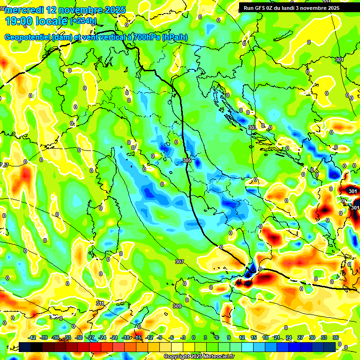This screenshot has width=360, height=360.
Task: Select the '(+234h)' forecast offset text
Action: point(83,21)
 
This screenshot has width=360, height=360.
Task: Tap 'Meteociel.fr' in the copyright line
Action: point(216,357)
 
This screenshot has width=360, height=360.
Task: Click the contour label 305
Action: point(187,161)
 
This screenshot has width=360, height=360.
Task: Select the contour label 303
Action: point(252,127)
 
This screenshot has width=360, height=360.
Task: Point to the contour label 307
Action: point(179,262)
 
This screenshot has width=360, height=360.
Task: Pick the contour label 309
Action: point(177,306)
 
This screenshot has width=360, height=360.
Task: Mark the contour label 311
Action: point(100,303)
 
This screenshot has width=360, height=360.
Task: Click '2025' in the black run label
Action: point(334,7)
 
